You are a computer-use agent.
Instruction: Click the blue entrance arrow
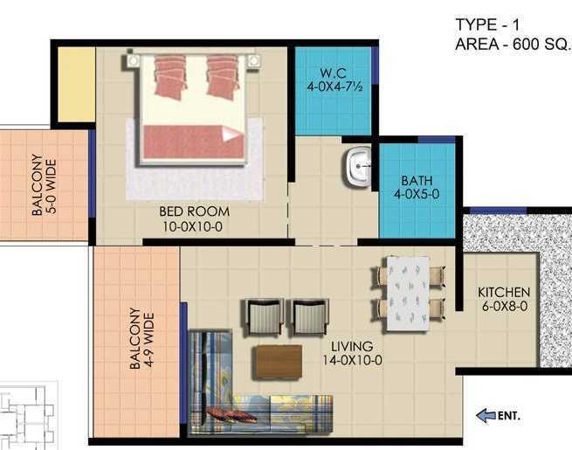[x=485, y=416]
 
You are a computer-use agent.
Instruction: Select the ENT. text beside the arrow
[x=508, y=416]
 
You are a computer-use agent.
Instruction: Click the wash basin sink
[x=357, y=166]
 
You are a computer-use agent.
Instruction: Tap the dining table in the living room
[x=408, y=291]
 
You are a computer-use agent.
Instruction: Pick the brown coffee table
[x=278, y=361]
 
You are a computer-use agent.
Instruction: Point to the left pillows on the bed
[x=171, y=77]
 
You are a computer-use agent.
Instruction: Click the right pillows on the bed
[x=224, y=77]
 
